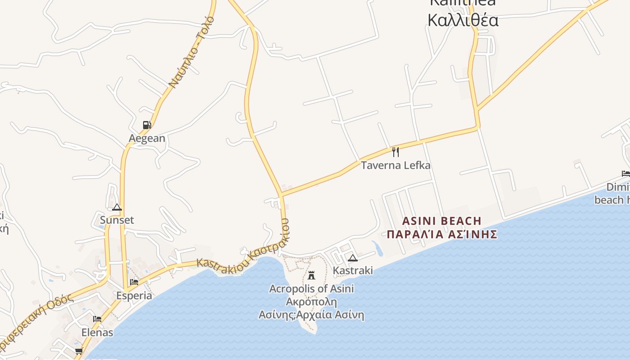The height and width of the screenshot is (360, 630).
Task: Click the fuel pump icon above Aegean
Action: (x=147, y=125)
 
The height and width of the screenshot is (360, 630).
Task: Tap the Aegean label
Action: (x=147, y=138)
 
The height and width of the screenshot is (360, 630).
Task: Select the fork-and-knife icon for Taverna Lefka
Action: (x=395, y=152)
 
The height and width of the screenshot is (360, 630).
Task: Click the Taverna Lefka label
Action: (x=396, y=165)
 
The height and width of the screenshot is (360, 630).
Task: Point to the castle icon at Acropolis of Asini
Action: (x=311, y=275)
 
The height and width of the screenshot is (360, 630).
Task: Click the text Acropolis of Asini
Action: (x=311, y=288)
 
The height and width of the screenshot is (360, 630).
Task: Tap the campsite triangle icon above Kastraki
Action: (x=353, y=258)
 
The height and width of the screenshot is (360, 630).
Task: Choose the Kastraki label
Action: (x=353, y=270)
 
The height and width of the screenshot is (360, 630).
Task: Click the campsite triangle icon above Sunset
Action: (x=117, y=207)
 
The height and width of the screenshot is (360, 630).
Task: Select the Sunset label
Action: (x=117, y=220)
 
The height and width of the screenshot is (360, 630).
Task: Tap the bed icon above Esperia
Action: (x=134, y=283)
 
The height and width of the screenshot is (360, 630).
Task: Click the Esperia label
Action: (x=134, y=296)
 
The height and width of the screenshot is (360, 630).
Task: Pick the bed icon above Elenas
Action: (x=97, y=319)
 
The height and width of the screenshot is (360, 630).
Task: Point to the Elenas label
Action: (x=97, y=333)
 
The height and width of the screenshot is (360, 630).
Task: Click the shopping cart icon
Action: (x=79, y=351)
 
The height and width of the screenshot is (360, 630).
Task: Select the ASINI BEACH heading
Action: (x=441, y=221)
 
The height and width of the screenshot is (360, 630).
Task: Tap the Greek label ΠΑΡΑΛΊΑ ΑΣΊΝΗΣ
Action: (x=442, y=234)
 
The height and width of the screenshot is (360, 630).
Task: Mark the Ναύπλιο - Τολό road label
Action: (x=192, y=53)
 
